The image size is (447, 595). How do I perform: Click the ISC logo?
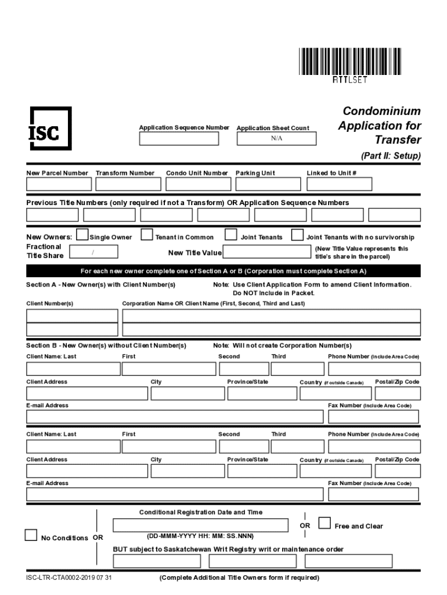pyautogui.click(x=51, y=128)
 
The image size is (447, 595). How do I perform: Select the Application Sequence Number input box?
pyautogui.click(x=179, y=139)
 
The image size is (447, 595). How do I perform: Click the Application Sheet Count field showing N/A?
pyautogui.click(x=276, y=139)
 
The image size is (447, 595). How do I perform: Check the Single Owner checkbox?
pyautogui.click(x=82, y=235)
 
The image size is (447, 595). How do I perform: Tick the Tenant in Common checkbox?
pyautogui.click(x=147, y=235)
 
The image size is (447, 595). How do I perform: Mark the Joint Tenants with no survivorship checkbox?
pyautogui.click(x=297, y=235)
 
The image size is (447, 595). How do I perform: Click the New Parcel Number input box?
pyautogui.click(x=59, y=184)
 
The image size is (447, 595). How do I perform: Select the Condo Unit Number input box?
pyautogui.click(x=198, y=184)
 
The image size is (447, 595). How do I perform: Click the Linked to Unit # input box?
pyautogui.click(x=339, y=184)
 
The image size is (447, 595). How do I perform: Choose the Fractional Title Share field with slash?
pyautogui.click(x=93, y=252)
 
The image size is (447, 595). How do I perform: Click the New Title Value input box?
pyautogui.click(x=267, y=252)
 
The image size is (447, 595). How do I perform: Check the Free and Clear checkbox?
pyautogui.click(x=325, y=524)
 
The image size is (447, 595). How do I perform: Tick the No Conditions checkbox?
pyautogui.click(x=31, y=535)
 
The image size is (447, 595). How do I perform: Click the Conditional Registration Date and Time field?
pyautogui.click(x=200, y=525)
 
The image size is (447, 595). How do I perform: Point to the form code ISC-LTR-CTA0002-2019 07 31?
pyautogui.click(x=69, y=578)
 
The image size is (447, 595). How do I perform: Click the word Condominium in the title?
pyautogui.click(x=381, y=111)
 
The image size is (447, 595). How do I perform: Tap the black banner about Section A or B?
pyautogui.click(x=223, y=271)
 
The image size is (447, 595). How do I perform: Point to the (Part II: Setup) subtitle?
pyautogui.click(x=391, y=156)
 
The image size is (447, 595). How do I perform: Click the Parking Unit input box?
pyautogui.click(x=268, y=184)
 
